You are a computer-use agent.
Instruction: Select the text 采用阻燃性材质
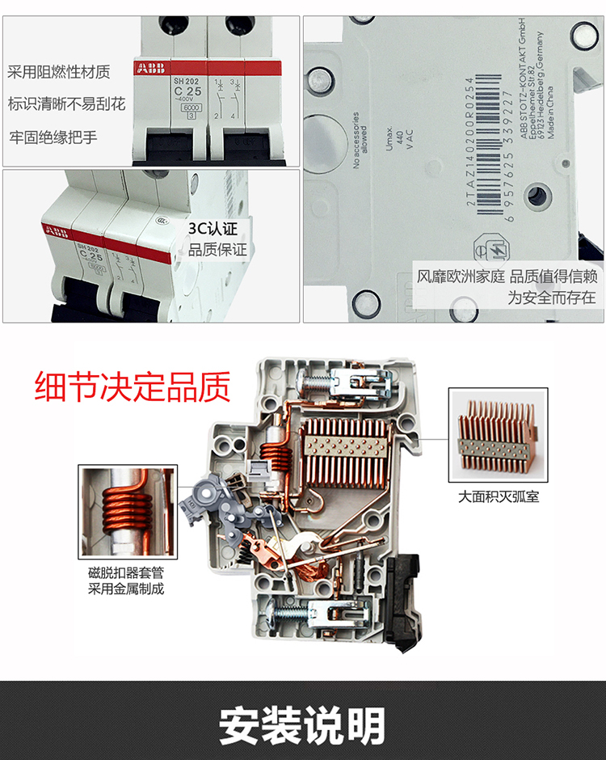(x=59, y=73)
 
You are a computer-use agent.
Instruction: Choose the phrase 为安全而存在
(x=552, y=298)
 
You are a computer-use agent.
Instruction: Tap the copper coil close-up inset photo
(x=127, y=513)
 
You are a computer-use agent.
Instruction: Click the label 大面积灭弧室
(x=499, y=496)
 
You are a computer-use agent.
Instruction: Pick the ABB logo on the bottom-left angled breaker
(x=57, y=233)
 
